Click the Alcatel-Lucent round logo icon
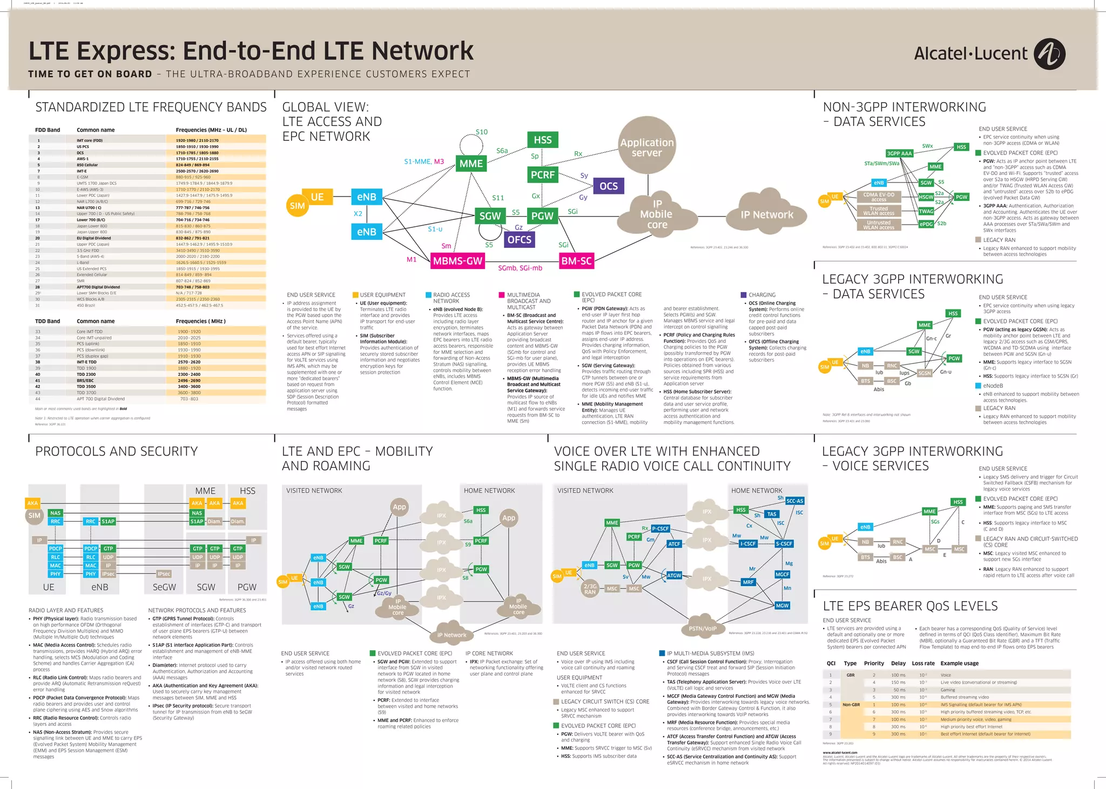pos(1049,54)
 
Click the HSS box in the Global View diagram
pos(542,140)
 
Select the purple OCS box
pos(608,186)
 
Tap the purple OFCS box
pos(519,239)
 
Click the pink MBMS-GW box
pos(457,261)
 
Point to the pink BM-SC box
pos(576,261)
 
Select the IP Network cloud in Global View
pos(767,214)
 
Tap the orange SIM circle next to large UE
pos(297,206)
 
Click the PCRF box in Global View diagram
pos(542,174)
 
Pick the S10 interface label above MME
pos(481,132)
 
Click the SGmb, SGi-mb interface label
pos(520,268)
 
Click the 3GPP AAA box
pos(899,153)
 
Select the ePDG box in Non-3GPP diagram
pos(926,224)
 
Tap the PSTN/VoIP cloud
pos(703,628)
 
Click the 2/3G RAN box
pos(590,589)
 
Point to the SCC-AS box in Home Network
pos(794,501)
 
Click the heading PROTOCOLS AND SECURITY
pos(116,451)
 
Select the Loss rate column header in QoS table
pos(923,663)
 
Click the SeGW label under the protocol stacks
pos(164,587)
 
